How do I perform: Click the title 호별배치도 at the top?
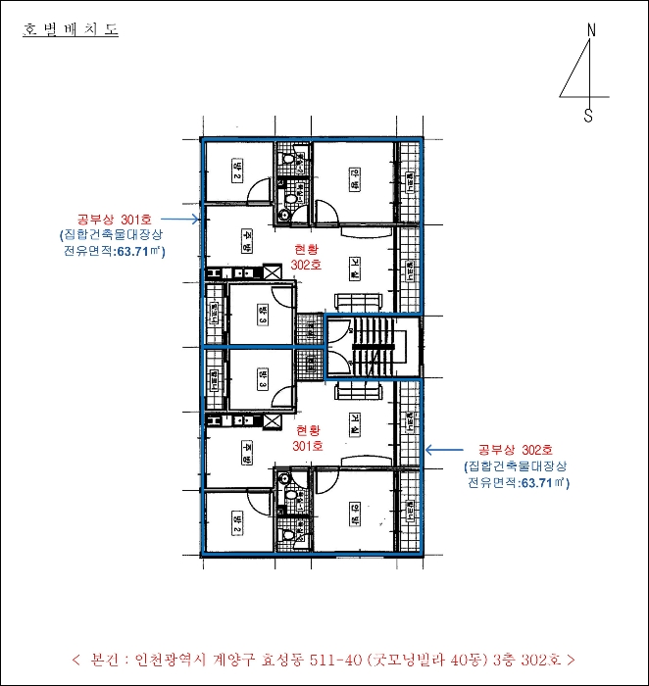click(70, 30)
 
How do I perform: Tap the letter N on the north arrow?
click(590, 29)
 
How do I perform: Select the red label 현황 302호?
click(308, 258)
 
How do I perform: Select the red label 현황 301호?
click(308, 437)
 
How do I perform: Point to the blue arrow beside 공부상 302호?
click(445, 451)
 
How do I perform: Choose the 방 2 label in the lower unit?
click(236, 522)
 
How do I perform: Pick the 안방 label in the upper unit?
click(354, 174)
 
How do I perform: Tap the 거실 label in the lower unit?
click(354, 423)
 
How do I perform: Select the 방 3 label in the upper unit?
click(262, 314)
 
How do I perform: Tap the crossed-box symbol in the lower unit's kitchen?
click(271, 419)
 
